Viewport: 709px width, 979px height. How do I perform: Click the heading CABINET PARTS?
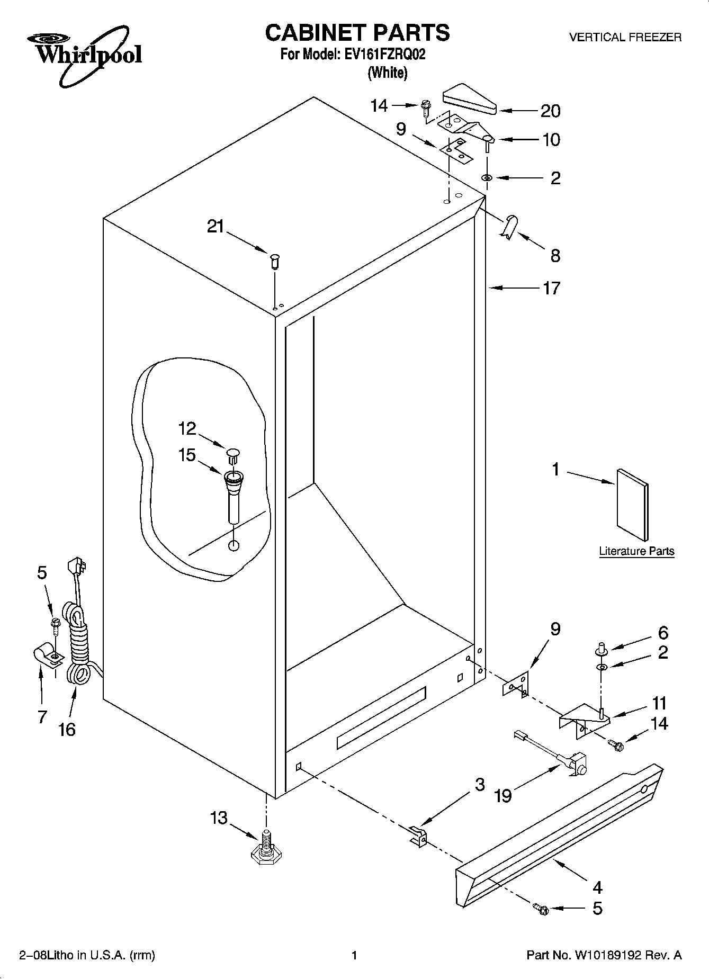[x=357, y=33]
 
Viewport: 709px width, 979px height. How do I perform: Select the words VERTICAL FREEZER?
[x=625, y=38]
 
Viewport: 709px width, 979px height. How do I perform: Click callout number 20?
[x=550, y=111]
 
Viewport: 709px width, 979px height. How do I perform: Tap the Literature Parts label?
[x=636, y=551]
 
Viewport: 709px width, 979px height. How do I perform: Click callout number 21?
[x=216, y=227]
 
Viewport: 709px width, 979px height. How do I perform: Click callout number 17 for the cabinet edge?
[x=551, y=288]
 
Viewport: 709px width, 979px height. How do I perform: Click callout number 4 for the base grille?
[x=597, y=887]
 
